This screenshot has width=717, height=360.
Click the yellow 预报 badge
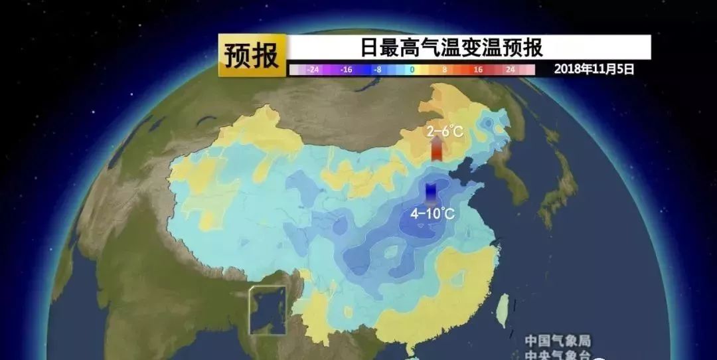(252, 56)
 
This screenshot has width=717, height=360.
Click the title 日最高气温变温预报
(451, 48)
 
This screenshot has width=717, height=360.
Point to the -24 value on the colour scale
(313, 69)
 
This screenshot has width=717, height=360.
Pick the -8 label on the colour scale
(377, 69)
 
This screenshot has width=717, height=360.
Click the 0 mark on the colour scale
(412, 69)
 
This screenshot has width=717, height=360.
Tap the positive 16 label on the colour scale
(478, 69)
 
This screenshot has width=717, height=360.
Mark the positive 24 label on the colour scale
(510, 69)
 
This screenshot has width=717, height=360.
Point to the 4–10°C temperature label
(432, 214)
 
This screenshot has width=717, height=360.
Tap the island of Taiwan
(504, 306)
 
